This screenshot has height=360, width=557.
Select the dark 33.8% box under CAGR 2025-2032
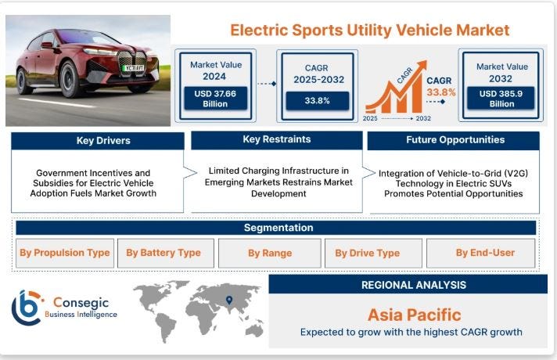(316, 100)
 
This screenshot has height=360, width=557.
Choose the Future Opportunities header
(454, 140)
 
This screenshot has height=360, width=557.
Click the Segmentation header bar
(278, 228)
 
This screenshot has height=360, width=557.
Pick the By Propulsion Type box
(64, 253)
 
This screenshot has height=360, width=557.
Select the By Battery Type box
(164, 253)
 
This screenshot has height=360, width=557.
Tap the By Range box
(270, 253)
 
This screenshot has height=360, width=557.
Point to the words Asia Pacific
(414, 315)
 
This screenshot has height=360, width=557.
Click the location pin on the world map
(229, 300)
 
